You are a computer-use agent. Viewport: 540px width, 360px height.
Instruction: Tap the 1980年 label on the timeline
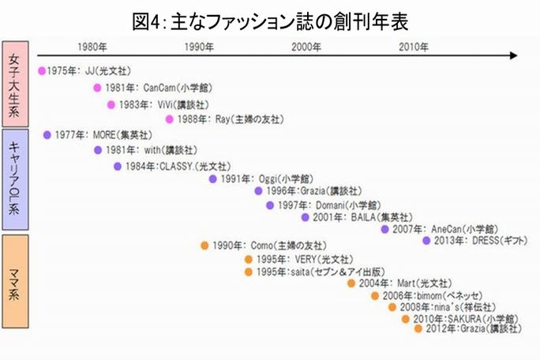point(95,47)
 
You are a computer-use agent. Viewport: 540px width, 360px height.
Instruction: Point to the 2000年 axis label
point(306,47)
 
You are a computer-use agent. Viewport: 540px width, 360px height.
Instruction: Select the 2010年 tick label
point(412,47)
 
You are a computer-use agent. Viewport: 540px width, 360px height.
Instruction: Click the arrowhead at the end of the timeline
point(514,56)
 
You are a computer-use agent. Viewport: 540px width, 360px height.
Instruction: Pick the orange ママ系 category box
point(15,282)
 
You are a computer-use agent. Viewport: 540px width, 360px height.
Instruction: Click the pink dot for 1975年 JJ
point(43,71)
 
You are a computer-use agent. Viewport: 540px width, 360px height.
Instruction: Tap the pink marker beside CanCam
point(97,88)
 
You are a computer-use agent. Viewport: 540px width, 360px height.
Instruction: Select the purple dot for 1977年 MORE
point(47,134)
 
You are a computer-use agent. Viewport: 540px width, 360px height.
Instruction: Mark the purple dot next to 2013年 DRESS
point(426,240)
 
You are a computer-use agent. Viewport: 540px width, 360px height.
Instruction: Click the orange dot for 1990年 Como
point(204,246)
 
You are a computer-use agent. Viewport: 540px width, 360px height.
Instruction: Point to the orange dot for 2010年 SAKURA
point(406,318)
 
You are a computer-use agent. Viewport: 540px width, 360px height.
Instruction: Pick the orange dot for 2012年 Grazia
point(418,328)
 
